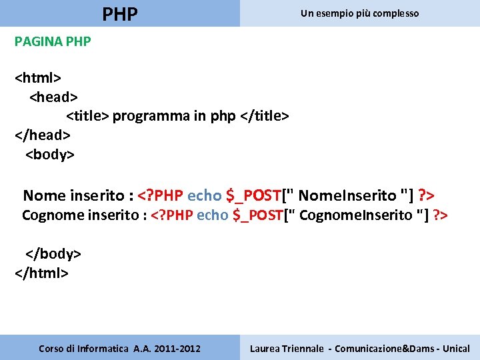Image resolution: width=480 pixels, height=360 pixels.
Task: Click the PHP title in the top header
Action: click(120, 13)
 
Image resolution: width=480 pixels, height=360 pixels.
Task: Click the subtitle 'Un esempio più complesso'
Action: click(359, 13)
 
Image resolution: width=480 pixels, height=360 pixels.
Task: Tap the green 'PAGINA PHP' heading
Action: click(53, 41)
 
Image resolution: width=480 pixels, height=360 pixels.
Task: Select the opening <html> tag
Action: click(38, 78)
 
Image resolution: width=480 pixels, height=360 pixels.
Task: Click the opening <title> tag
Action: click(87, 117)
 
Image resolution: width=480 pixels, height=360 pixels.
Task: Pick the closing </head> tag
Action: click(43, 135)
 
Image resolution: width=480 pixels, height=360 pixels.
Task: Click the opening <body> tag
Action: click(50, 155)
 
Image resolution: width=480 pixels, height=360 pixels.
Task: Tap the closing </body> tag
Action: click(53, 254)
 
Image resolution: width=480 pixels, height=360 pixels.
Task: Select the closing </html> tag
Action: click(41, 273)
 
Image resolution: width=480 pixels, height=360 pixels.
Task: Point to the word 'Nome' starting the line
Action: click(45, 195)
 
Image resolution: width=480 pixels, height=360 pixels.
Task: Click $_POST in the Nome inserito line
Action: click(253, 195)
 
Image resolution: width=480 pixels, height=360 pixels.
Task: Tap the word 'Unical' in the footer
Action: click(456, 349)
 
